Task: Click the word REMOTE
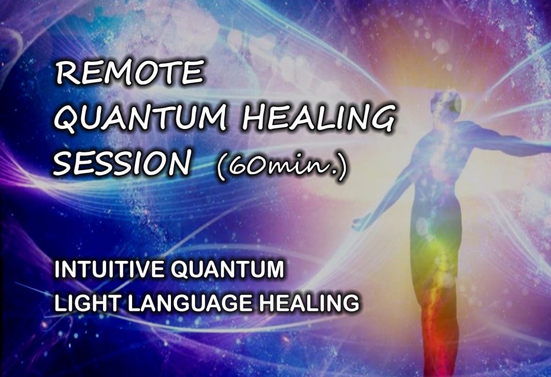click(130, 73)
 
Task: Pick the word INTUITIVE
click(110, 270)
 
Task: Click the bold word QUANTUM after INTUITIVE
click(227, 270)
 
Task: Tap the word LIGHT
click(82, 304)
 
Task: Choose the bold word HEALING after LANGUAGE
click(309, 304)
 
